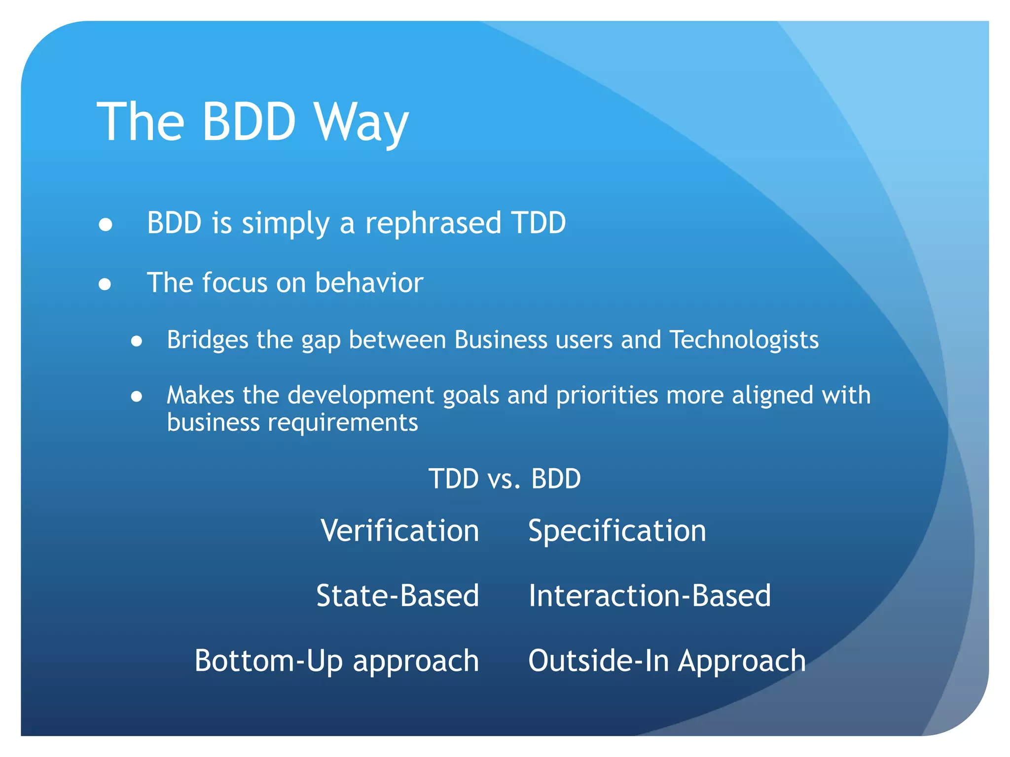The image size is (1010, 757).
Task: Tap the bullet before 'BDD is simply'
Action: [x=105, y=225]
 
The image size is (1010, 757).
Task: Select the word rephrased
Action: [x=433, y=223]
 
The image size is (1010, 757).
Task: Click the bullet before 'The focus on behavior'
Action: [x=105, y=284]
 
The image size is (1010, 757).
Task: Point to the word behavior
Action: [x=369, y=283]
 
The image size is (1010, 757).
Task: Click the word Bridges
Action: [x=207, y=340]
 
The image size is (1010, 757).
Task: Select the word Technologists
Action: [x=744, y=340]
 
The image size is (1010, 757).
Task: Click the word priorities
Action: [x=607, y=395]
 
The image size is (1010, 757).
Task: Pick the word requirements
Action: [x=343, y=423]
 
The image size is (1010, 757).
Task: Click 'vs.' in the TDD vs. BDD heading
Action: [x=504, y=479]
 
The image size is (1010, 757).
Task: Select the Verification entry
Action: [x=399, y=531]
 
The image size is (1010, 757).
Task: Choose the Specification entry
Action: [x=617, y=531]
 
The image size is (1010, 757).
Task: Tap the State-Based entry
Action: [x=397, y=596]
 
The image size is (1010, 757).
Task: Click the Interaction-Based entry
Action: [x=649, y=596]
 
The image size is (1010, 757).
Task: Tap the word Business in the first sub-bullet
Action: [x=501, y=340]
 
